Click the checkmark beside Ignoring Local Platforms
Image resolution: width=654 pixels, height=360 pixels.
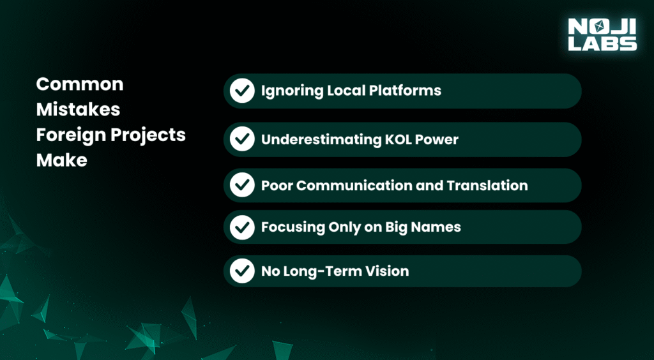pyautogui.click(x=242, y=91)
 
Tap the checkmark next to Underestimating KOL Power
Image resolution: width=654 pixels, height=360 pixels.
pyautogui.click(x=242, y=140)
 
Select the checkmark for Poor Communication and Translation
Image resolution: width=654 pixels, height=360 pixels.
pyautogui.click(x=242, y=185)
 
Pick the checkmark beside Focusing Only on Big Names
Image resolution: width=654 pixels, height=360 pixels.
pyautogui.click(x=242, y=227)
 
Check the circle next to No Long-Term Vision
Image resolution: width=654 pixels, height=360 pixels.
pyautogui.click(x=242, y=271)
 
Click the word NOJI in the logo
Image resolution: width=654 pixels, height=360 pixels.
pyautogui.click(x=602, y=26)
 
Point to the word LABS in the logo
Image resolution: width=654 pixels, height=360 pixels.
pyautogui.click(x=602, y=43)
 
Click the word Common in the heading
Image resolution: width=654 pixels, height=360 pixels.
pyautogui.click(x=80, y=85)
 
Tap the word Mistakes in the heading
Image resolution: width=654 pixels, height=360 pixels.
pyautogui.click(x=78, y=110)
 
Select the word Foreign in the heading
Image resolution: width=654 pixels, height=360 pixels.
pyautogui.click(x=64, y=136)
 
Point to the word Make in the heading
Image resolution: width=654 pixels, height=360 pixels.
pyautogui.click(x=62, y=160)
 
